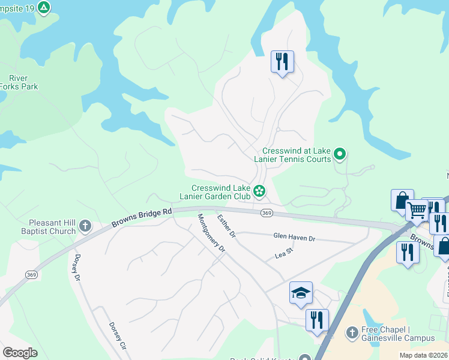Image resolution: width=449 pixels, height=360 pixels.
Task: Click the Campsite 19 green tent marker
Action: point(44,7)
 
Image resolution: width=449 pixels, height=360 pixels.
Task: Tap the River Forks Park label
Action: point(23,82)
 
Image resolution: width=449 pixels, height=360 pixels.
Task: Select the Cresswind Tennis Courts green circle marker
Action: point(340,155)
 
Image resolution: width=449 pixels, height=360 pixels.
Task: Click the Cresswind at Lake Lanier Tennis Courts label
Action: point(297,155)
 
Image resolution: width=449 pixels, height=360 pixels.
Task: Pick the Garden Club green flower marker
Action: point(259,191)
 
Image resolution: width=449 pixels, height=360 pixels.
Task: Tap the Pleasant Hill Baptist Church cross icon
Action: point(85,226)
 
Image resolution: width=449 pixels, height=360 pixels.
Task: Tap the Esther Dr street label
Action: point(227,226)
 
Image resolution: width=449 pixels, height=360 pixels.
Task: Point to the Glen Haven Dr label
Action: point(294,238)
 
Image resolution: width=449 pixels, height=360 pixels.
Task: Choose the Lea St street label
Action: point(283,255)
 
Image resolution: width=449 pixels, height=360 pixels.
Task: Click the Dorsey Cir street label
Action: point(118,336)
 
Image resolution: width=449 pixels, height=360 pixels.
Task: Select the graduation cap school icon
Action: point(301,292)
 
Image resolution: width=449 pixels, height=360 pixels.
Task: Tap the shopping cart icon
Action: point(417,210)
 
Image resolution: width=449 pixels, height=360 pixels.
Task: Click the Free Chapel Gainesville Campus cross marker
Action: point(352,332)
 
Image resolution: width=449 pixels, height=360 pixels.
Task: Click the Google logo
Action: point(20,353)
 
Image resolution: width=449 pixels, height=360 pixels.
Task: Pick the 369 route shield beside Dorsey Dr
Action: point(32,274)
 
